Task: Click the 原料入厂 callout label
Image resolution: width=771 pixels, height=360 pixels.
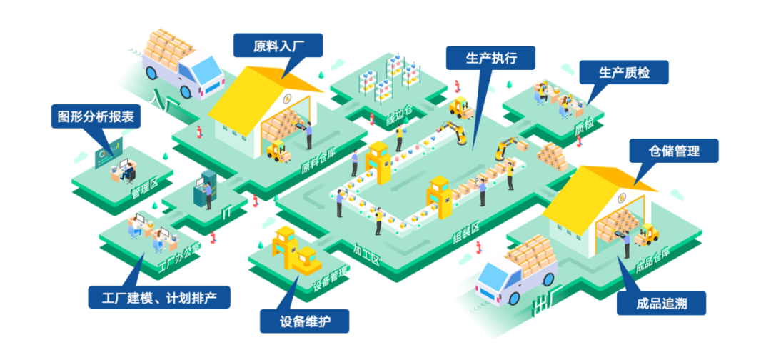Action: [278, 46]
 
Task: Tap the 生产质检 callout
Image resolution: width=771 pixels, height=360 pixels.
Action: [624, 73]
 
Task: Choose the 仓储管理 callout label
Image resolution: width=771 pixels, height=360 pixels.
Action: [674, 151]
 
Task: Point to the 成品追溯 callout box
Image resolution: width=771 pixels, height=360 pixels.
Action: [661, 304]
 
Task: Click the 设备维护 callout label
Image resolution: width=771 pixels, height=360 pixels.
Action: [305, 321]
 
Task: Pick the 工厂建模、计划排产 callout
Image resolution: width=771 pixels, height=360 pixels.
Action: [159, 297]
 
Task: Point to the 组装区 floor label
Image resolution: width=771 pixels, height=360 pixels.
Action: [465, 234]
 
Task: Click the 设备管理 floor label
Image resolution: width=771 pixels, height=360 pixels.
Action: [330, 279]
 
